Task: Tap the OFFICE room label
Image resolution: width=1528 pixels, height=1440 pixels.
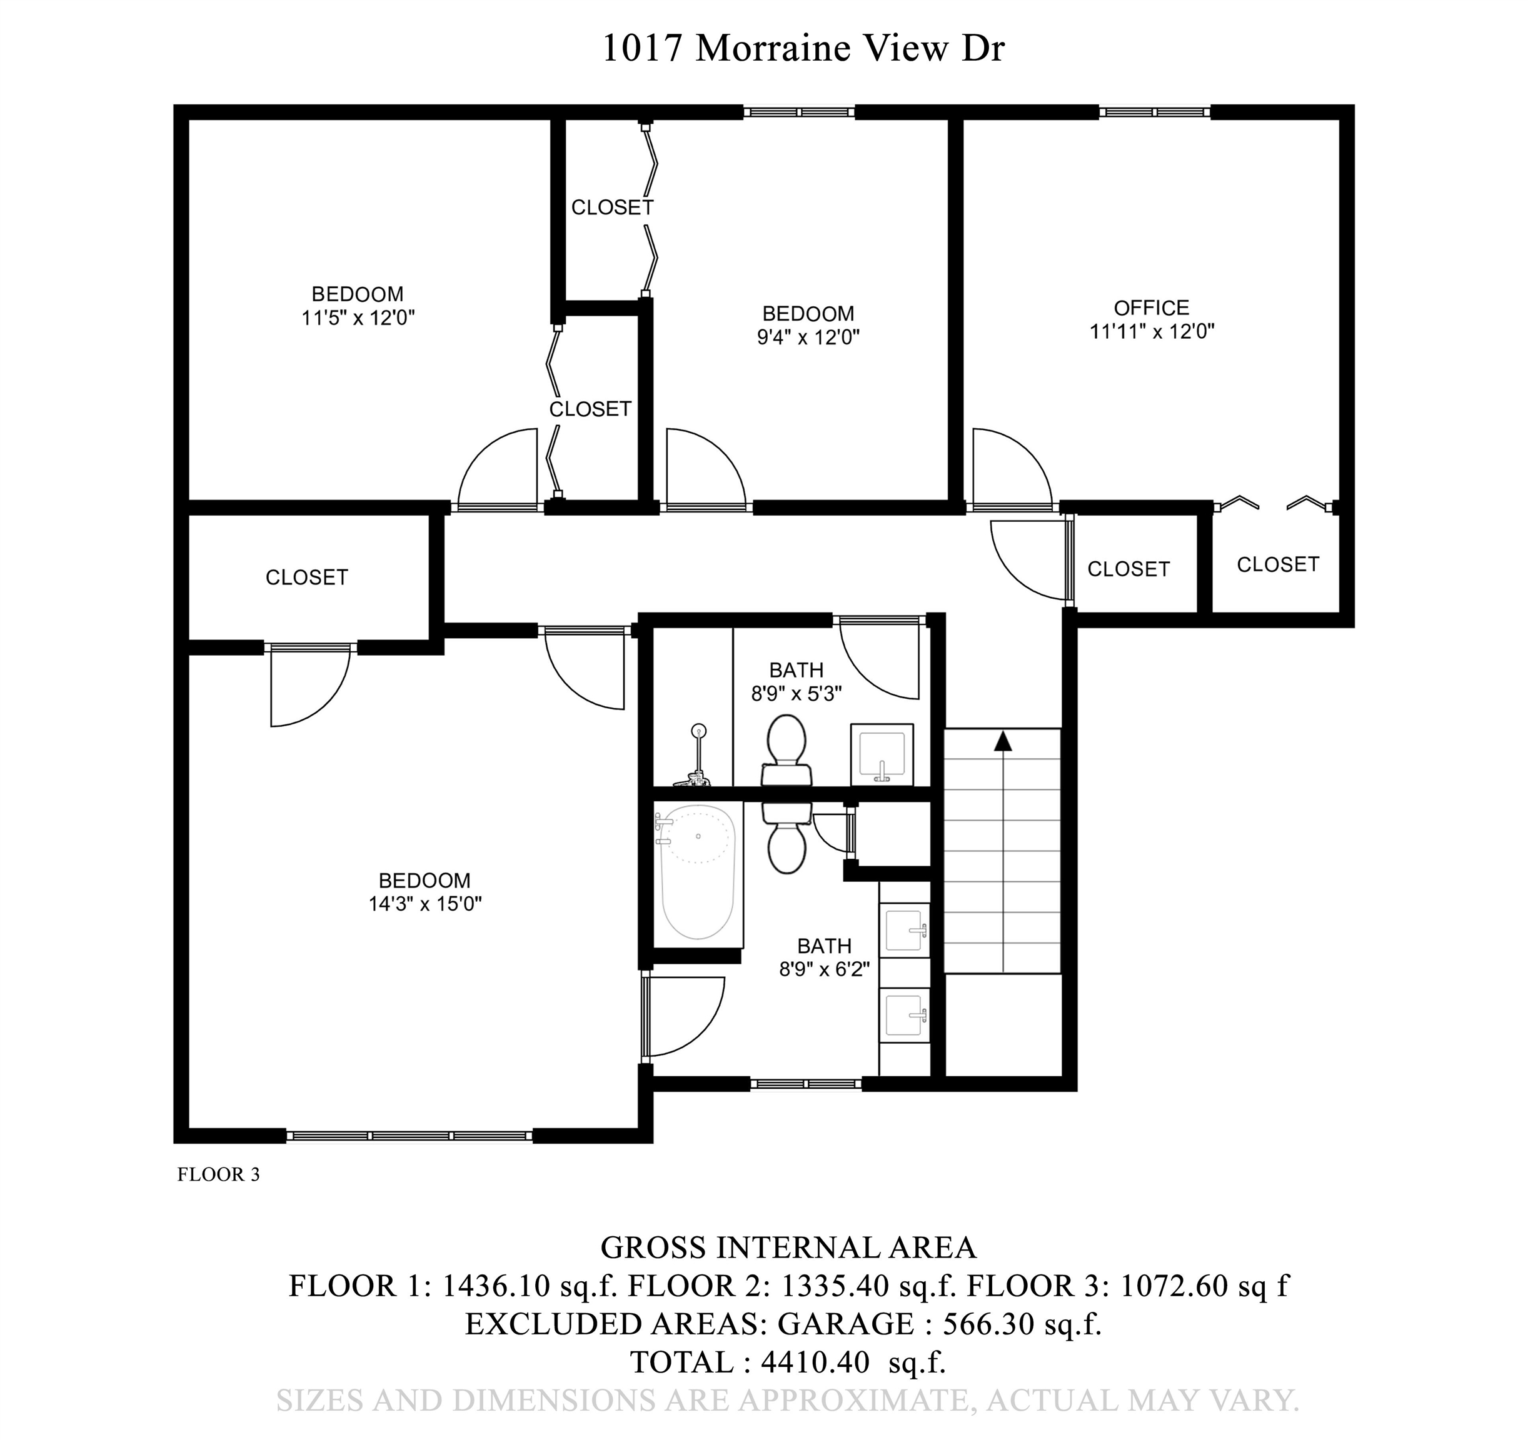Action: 1152,307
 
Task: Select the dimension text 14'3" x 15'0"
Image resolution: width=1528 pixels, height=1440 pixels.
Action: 425,904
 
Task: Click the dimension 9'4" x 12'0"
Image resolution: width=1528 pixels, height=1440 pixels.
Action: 808,337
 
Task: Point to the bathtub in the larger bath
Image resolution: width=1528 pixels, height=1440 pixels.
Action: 698,871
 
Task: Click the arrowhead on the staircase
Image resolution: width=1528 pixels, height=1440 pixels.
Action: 1002,741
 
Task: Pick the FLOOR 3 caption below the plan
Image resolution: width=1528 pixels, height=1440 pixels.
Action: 218,1174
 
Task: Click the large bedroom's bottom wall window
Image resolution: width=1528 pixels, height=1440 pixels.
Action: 409,1136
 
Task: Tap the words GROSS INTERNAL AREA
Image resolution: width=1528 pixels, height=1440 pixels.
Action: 788,1247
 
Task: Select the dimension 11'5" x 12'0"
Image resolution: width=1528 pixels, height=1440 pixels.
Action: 358,318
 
